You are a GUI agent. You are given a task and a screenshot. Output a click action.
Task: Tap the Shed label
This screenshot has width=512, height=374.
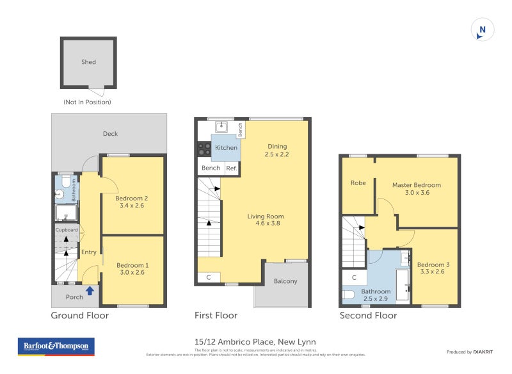click(88, 62)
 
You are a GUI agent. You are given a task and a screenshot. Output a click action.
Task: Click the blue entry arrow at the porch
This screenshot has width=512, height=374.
click(90, 291)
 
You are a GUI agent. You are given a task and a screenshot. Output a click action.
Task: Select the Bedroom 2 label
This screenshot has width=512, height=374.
click(132, 199)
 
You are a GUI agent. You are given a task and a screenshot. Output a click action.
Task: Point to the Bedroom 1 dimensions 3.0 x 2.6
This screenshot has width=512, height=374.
click(132, 273)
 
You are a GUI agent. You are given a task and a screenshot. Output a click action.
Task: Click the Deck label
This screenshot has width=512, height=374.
click(110, 134)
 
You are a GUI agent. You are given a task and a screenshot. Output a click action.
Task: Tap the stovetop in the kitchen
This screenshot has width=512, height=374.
click(204, 149)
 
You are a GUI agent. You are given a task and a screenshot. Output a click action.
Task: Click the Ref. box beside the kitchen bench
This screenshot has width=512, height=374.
click(231, 168)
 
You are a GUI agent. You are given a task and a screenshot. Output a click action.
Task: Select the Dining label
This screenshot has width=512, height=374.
click(277, 146)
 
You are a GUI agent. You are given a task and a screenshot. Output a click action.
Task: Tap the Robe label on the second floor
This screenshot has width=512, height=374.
click(358, 183)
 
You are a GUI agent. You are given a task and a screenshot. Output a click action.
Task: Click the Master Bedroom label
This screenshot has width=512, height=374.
click(416, 185)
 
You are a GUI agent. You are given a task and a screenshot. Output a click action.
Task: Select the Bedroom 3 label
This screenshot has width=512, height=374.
click(433, 265)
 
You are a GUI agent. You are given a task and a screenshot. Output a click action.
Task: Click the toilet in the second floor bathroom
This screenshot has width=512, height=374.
click(349, 295)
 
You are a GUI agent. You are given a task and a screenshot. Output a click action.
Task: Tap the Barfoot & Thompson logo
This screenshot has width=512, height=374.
click(56, 346)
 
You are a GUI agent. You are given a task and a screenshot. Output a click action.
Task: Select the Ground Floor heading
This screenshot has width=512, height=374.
click(79, 316)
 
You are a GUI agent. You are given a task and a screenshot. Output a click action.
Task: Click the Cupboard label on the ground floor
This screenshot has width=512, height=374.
click(67, 230)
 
